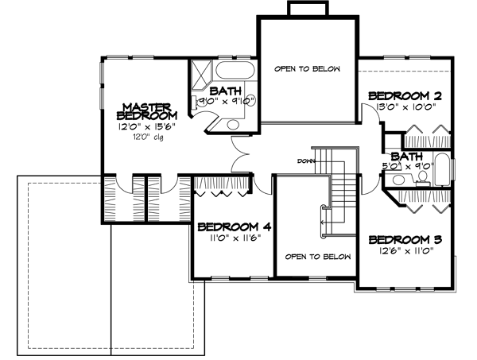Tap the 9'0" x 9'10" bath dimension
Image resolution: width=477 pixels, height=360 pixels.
point(225,102)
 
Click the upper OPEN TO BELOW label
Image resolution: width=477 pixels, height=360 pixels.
point(307,69)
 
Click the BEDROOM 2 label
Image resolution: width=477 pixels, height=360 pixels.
point(405,95)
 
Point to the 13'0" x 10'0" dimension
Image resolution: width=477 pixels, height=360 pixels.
point(405,108)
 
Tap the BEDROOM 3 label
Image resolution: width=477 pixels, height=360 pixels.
point(405,240)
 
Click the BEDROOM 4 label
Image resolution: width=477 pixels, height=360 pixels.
point(235,226)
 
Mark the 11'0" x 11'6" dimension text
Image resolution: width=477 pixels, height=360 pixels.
point(234,238)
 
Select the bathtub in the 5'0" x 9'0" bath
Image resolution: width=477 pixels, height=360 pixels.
point(443,168)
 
